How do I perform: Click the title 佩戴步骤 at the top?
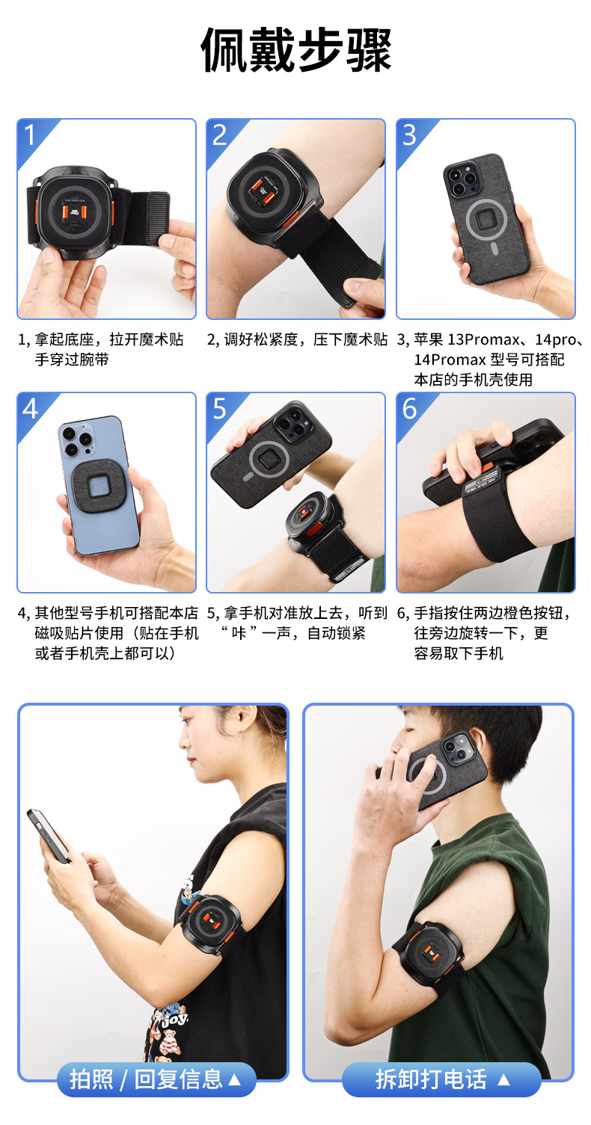coord(295,50)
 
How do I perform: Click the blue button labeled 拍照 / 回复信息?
coord(156,1079)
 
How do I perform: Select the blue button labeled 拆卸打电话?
coord(441,1079)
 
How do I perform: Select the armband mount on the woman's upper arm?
coord(211,925)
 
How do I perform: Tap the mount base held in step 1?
coord(76,212)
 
